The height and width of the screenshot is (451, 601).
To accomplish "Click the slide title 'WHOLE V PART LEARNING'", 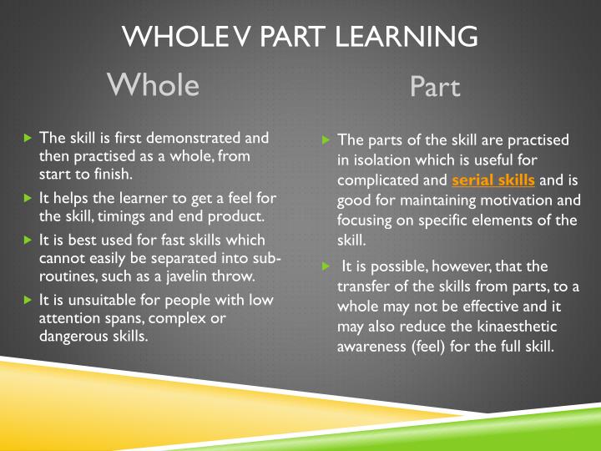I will click(x=300, y=37).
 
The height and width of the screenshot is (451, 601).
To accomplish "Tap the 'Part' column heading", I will click(x=435, y=87).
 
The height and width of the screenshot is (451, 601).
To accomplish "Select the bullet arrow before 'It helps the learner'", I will click(x=28, y=199).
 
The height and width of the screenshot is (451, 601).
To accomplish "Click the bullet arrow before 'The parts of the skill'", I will click(x=326, y=140).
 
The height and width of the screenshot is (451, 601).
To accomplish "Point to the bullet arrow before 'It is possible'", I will click(x=326, y=266).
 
